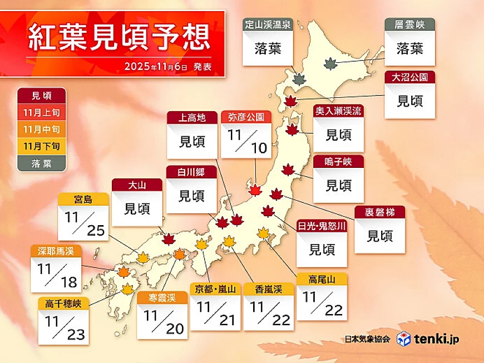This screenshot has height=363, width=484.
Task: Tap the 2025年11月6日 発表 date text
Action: click(x=167, y=66)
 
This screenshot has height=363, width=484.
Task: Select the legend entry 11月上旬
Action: click(x=42, y=113)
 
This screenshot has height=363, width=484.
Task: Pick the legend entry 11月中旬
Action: click(x=42, y=130)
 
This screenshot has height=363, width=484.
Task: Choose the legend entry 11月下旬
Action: click(x=42, y=146)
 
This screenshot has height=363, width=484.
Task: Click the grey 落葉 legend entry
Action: click(x=42, y=163)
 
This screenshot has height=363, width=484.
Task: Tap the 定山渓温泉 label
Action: click(x=267, y=24)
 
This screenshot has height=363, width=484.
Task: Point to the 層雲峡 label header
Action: click(x=409, y=24)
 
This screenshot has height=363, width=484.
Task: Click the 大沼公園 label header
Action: click(x=409, y=76)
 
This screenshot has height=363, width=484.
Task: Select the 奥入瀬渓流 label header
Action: click(x=338, y=111)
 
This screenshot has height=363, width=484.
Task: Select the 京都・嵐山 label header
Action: click(x=215, y=289)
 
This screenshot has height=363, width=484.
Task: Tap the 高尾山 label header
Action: click(x=322, y=279)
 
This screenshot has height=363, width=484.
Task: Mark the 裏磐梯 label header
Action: click(x=380, y=212)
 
